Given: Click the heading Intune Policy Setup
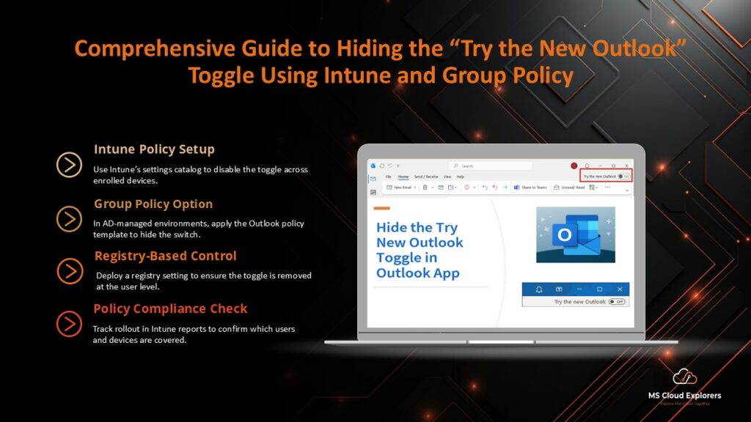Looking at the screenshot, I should [x=154, y=149].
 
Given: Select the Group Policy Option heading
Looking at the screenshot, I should [x=153, y=204].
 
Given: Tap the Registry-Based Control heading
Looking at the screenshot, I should [x=165, y=256].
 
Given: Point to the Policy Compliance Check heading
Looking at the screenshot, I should [x=170, y=309].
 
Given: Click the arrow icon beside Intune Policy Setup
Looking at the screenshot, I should [x=69, y=165].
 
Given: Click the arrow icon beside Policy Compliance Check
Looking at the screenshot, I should [x=69, y=323].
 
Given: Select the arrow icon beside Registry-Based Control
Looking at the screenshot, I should [x=70, y=271].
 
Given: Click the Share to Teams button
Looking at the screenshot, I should [x=530, y=188].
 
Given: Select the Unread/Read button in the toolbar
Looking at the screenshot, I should [x=569, y=188].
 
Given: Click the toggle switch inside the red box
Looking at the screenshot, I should [x=623, y=177].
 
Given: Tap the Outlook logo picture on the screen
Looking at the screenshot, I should [x=575, y=234].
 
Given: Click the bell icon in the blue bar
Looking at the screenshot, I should [x=538, y=289].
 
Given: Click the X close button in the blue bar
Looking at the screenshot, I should [x=620, y=289].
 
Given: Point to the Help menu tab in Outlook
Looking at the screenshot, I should [x=461, y=177].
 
